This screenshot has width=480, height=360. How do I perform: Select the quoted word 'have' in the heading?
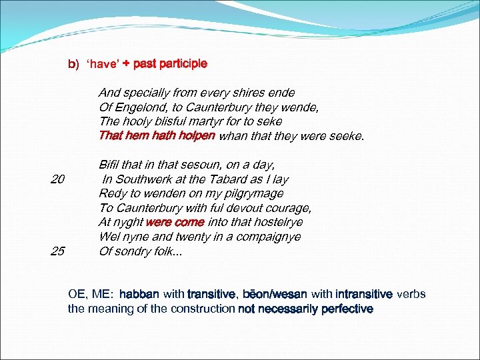click(x=103, y=64)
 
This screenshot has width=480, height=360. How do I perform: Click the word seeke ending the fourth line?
click(x=347, y=136)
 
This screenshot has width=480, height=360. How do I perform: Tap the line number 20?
click(x=57, y=179)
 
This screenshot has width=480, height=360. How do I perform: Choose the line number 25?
click(x=57, y=251)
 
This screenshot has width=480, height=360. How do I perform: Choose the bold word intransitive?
click(x=364, y=295)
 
